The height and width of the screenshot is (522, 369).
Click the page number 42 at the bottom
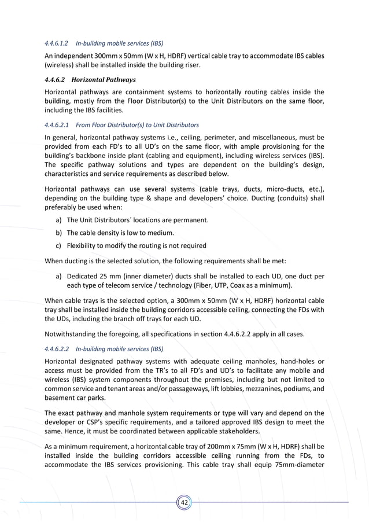coord(184,502)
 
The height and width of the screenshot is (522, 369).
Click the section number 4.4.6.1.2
coord(57,43)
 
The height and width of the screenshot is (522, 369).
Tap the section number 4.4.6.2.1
coord(57,125)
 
